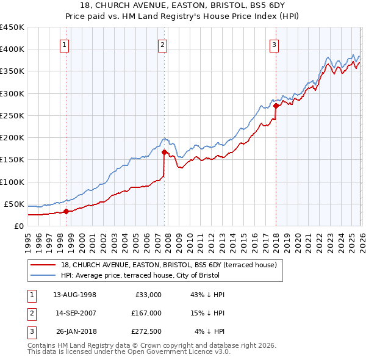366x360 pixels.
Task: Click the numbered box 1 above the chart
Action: (65, 44)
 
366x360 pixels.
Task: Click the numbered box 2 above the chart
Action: (163, 44)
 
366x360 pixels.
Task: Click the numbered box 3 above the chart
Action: (274, 44)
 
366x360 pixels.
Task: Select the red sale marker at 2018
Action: (276, 106)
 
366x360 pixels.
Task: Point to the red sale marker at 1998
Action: (66, 212)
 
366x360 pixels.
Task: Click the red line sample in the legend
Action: (44, 265)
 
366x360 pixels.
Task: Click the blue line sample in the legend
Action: (44, 275)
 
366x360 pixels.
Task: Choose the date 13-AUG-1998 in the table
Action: (74, 294)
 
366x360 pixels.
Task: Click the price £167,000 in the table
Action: (146, 314)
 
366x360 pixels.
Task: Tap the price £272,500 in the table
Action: (146, 333)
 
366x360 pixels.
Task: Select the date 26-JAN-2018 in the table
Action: (74, 333)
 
